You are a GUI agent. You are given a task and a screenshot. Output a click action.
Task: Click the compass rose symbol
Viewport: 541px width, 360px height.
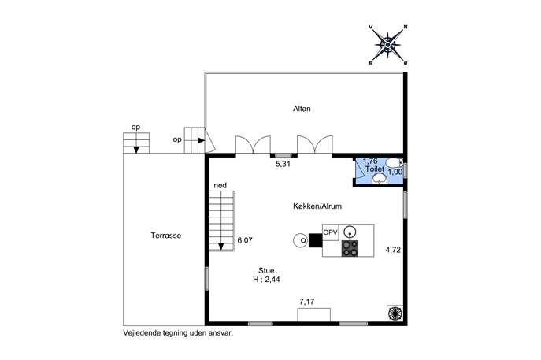pyautogui.click(x=387, y=45)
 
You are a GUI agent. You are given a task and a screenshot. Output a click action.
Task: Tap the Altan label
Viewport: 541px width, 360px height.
pyautogui.click(x=302, y=109)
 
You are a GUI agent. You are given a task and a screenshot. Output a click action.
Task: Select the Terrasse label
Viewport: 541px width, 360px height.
pyautogui.click(x=166, y=236)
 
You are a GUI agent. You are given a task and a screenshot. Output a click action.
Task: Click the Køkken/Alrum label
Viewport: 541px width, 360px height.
pyautogui.click(x=317, y=206)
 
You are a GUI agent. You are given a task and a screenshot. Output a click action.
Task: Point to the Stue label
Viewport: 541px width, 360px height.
pyautogui.click(x=266, y=271)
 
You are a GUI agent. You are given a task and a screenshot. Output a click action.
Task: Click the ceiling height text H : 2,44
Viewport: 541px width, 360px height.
pyautogui.click(x=266, y=280)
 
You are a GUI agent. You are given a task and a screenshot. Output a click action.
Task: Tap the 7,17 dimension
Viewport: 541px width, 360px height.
pyautogui.click(x=307, y=302)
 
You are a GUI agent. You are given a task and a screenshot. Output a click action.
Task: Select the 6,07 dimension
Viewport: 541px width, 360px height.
pyautogui.click(x=245, y=240)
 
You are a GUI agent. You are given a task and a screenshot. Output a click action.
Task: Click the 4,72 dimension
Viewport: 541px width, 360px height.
pyautogui.click(x=393, y=250)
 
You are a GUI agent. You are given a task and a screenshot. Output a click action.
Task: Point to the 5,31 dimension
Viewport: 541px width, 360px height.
pyautogui.click(x=283, y=165)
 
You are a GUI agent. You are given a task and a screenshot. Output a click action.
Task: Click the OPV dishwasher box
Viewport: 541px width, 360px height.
pyautogui.click(x=331, y=232)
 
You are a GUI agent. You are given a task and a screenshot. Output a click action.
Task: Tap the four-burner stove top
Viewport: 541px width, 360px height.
pyautogui.click(x=350, y=248)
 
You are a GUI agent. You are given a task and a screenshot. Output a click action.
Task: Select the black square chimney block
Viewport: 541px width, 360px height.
pyautogui.click(x=315, y=240)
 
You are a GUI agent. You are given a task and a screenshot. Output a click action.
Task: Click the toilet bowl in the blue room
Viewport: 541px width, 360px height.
pyautogui.click(x=393, y=162)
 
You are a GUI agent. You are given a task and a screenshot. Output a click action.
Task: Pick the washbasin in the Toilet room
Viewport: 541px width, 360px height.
pyautogui.click(x=380, y=179)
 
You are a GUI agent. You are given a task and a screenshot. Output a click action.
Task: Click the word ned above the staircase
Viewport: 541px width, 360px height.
pyautogui.click(x=220, y=185)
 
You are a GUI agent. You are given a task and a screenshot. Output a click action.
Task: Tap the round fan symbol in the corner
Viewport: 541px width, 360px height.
pyautogui.click(x=395, y=313)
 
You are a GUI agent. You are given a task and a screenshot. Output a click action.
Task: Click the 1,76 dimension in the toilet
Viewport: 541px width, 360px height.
pyautogui.click(x=370, y=161)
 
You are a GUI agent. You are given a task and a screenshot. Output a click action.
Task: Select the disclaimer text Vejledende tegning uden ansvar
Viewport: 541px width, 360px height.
pyautogui.click(x=179, y=333)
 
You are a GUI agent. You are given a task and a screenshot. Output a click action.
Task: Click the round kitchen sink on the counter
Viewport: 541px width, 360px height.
pyautogui.click(x=350, y=230)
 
